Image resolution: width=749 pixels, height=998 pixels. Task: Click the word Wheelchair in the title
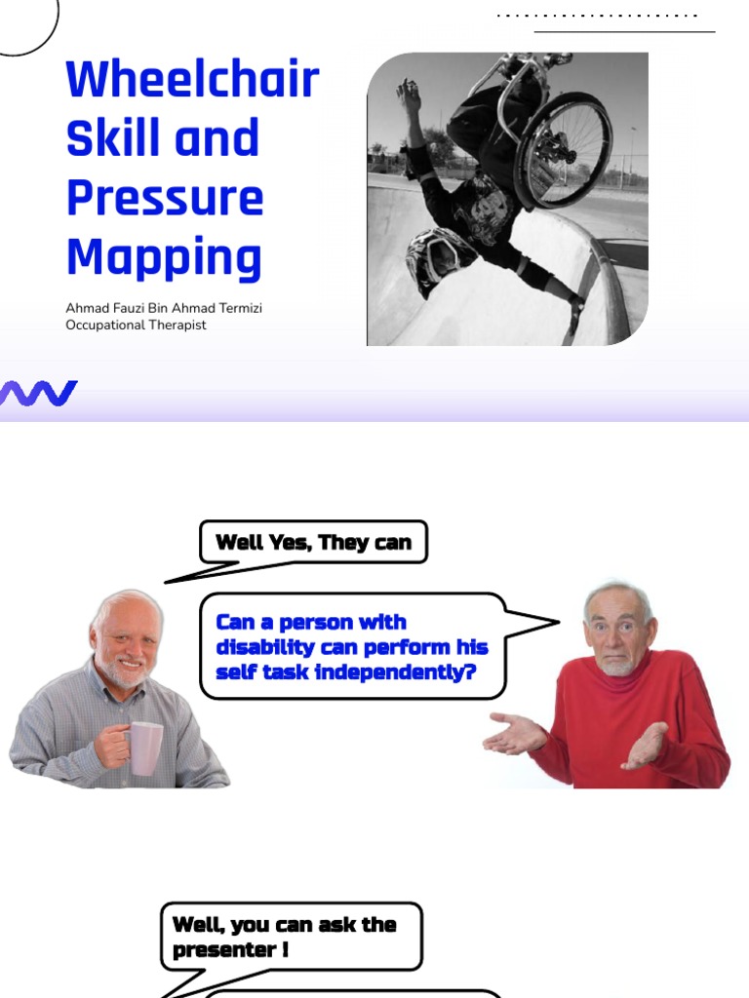(192, 79)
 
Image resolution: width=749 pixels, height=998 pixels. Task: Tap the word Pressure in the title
(165, 198)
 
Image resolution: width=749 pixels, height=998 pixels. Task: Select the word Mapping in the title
(164, 258)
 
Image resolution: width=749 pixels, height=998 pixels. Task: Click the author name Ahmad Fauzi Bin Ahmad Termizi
(164, 309)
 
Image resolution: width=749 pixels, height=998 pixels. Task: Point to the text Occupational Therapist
(136, 326)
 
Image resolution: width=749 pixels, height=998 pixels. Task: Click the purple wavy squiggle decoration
(39, 394)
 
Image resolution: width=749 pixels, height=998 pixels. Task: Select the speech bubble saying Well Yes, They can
(313, 542)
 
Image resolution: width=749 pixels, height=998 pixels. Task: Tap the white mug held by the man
(145, 748)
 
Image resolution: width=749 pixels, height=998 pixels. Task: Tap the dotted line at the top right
(597, 16)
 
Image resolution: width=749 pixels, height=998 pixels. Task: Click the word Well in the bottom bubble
(195, 924)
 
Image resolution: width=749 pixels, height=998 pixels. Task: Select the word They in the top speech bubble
(341, 543)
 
